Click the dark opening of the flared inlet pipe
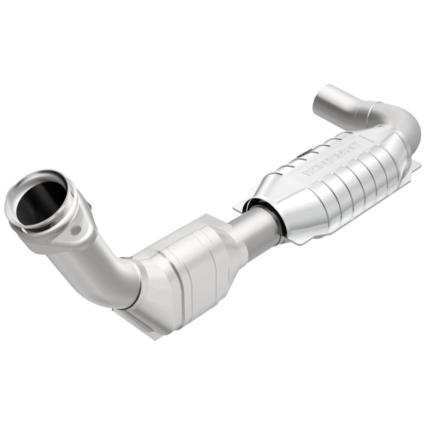40,201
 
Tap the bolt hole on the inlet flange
75,230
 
